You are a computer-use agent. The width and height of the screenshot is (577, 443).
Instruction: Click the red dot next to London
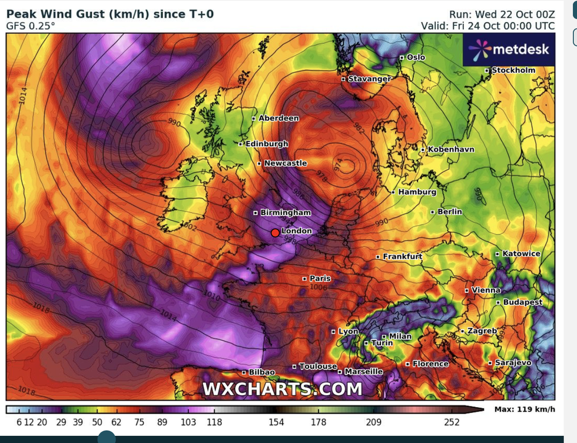pyautogui.click(x=275, y=233)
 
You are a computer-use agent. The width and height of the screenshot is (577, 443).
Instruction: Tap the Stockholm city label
pyautogui.click(x=513, y=70)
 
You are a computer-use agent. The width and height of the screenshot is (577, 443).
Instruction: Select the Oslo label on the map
pyautogui.click(x=416, y=57)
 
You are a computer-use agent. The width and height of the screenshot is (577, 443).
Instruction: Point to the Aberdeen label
pyautogui.click(x=278, y=118)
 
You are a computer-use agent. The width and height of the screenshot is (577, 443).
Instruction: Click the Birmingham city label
pyautogui.click(x=286, y=213)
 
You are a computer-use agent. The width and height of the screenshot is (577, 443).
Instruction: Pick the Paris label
pyautogui.click(x=320, y=279)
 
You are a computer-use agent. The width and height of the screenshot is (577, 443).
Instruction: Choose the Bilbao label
pyautogui.click(x=261, y=372)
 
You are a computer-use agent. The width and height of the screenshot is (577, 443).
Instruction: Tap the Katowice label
pyautogui.click(x=521, y=254)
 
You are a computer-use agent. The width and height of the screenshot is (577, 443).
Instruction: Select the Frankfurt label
pyautogui.click(x=403, y=257)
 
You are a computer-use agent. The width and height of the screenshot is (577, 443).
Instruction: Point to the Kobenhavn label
pyautogui.click(x=450, y=150)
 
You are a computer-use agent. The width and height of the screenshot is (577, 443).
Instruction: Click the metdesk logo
pyautogui.click(x=508, y=49)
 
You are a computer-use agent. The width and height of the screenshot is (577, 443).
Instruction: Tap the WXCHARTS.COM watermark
pyautogui.click(x=283, y=389)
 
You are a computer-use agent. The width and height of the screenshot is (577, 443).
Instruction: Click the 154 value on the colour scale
pyautogui.click(x=276, y=422)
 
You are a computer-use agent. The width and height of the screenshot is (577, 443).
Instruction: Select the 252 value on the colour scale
pyautogui.click(x=452, y=422)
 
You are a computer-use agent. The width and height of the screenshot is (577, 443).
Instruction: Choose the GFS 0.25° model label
pyautogui.click(x=31, y=26)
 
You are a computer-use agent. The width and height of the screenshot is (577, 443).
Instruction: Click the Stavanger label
pyautogui.click(x=369, y=79)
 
